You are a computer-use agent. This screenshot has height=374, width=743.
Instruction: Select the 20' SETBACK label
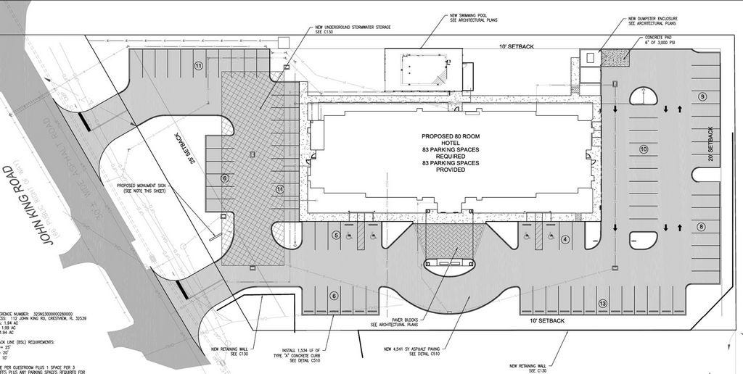(x=710, y=144)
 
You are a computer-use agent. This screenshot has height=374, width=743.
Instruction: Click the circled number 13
(x=603, y=303)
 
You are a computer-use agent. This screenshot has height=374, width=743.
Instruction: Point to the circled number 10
(x=644, y=149)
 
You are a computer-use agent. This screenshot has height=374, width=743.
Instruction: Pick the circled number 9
(x=702, y=96)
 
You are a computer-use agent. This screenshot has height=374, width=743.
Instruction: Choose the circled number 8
(x=702, y=227)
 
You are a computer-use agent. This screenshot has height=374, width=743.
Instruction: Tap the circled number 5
(x=336, y=235)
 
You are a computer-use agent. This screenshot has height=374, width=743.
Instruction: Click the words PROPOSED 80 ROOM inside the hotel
(x=451, y=136)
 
